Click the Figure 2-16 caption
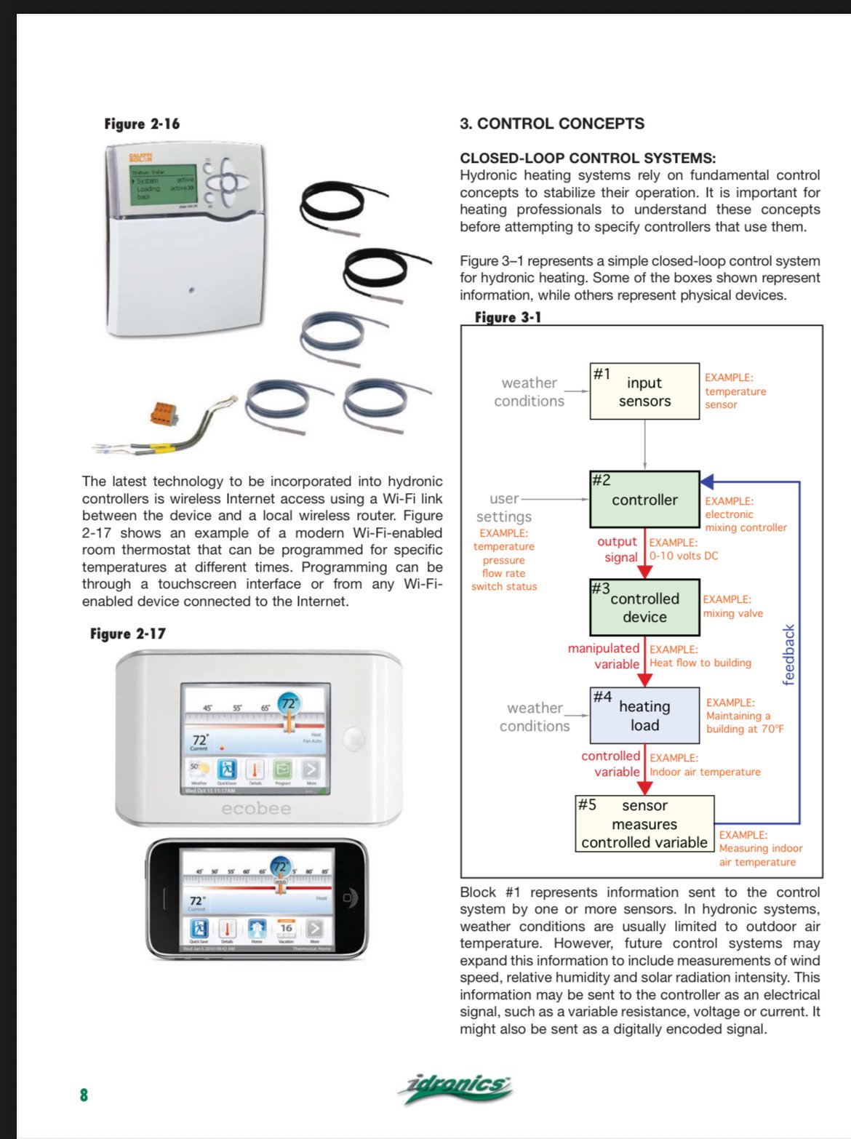pos(142,124)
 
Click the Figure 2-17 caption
pos(128,634)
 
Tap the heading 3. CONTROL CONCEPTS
pos(551,124)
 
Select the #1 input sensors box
pos(644,391)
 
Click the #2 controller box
pos(644,500)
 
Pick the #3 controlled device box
pos(644,607)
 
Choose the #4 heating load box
pos(644,716)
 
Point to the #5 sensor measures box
pos(644,824)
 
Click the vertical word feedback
pos(789,655)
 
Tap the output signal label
pos(618,549)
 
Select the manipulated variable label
pos(604,656)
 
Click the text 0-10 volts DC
pos(684,556)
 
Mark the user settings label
pos(504,508)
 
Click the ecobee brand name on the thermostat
pos(256,809)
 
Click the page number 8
pos(84,1095)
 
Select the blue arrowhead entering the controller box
pos(707,481)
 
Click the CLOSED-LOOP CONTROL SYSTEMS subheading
pos(588,158)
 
